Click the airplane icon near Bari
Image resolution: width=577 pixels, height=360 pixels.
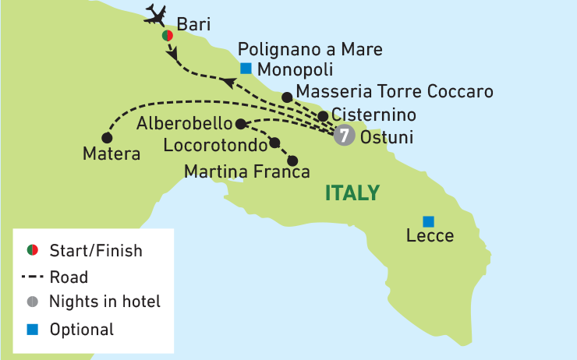157,15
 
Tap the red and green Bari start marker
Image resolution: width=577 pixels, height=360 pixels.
166,36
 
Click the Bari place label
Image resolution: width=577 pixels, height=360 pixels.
193,25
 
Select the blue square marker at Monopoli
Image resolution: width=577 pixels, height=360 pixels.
246,68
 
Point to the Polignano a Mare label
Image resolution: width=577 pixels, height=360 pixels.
310,50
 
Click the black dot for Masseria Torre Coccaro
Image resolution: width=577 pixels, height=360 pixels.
287,97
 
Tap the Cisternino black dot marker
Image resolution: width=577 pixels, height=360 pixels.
323,115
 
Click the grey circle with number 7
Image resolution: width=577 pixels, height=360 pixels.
343,136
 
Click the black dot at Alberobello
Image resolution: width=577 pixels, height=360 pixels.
240,123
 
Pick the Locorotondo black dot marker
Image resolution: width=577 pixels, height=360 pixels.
274,143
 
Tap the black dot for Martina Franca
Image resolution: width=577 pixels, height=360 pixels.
293,161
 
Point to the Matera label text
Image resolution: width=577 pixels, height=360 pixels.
112,154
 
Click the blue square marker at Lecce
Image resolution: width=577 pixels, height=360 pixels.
427,220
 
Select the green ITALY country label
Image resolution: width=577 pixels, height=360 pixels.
352,192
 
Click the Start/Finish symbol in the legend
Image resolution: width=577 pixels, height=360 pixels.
32,250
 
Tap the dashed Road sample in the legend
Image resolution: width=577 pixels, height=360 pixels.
32,277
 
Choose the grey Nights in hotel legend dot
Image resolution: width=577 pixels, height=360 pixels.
32,302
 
